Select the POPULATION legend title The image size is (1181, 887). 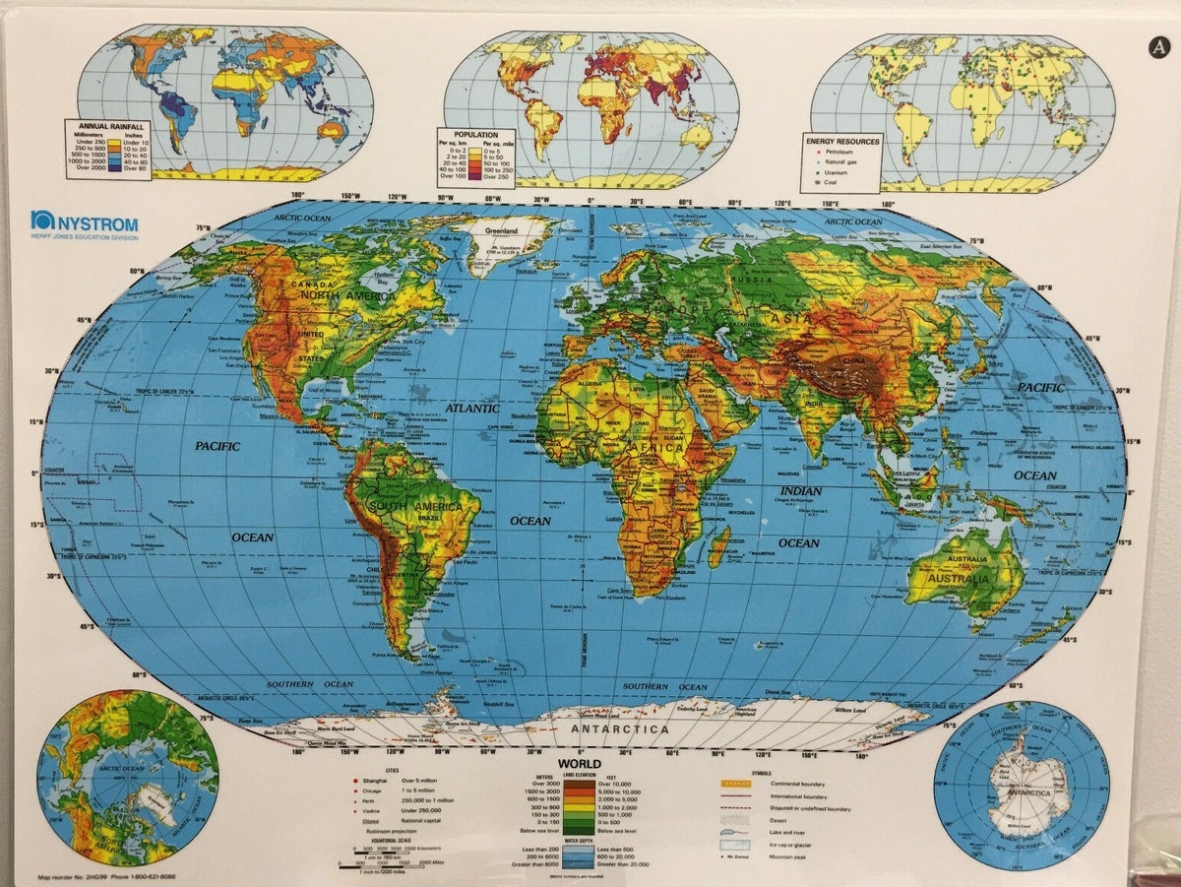pos(475,134)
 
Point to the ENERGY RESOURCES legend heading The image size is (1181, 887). pos(843,141)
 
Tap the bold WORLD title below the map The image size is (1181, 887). pos(580,764)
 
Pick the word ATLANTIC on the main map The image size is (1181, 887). pos(471,407)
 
